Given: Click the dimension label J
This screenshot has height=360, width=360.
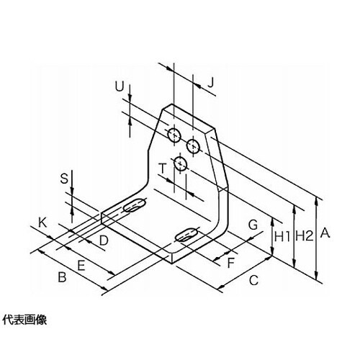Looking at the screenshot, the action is pos(210,83).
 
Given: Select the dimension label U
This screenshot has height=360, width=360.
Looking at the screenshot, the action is pos(120,87).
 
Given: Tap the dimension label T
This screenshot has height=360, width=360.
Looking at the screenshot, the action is pos(163,168).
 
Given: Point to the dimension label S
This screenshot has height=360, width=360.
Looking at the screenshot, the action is pos(64,179).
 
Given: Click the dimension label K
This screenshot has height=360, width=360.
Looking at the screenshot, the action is pos(42,223).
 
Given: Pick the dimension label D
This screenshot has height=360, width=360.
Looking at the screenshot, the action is pos(104,240).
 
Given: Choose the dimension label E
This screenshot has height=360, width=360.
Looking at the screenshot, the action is pos(81,266).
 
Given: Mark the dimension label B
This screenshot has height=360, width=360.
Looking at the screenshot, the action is pos(62,277).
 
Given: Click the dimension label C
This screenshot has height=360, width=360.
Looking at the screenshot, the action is pos(253,280).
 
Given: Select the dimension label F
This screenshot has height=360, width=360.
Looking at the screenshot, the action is pos(230,263).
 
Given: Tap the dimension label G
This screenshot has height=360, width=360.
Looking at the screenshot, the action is pos(253,225).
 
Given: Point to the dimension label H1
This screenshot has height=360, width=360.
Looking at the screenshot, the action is pos(282,237).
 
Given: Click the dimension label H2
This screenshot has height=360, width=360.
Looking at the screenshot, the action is pos(305,236).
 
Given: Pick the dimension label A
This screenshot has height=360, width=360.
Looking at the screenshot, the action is pos(325,233).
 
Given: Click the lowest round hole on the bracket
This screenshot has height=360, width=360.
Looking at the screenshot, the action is pos(181,163).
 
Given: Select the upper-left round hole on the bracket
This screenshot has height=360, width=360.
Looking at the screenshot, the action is pos(174,135).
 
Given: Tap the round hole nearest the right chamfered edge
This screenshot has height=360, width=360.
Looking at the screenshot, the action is pos(194,146).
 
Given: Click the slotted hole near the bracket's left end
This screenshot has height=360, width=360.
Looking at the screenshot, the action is pos(135,205).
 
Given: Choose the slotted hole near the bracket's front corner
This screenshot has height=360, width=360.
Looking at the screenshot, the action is pos(186,235).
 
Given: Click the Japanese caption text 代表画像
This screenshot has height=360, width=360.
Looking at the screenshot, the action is pos(24,320).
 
